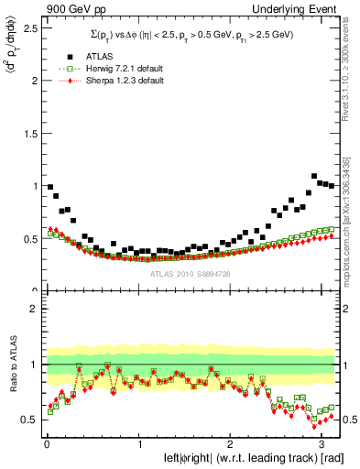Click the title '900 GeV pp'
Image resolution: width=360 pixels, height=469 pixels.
71,8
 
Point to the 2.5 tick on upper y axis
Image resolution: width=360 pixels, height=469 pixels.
31,27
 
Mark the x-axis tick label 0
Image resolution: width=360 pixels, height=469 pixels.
46,437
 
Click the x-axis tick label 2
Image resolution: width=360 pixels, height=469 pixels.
231,437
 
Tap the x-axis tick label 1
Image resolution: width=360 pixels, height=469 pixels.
138,437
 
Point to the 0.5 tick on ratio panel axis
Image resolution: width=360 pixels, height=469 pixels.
31,420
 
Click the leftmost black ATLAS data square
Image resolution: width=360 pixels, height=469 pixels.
49,187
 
